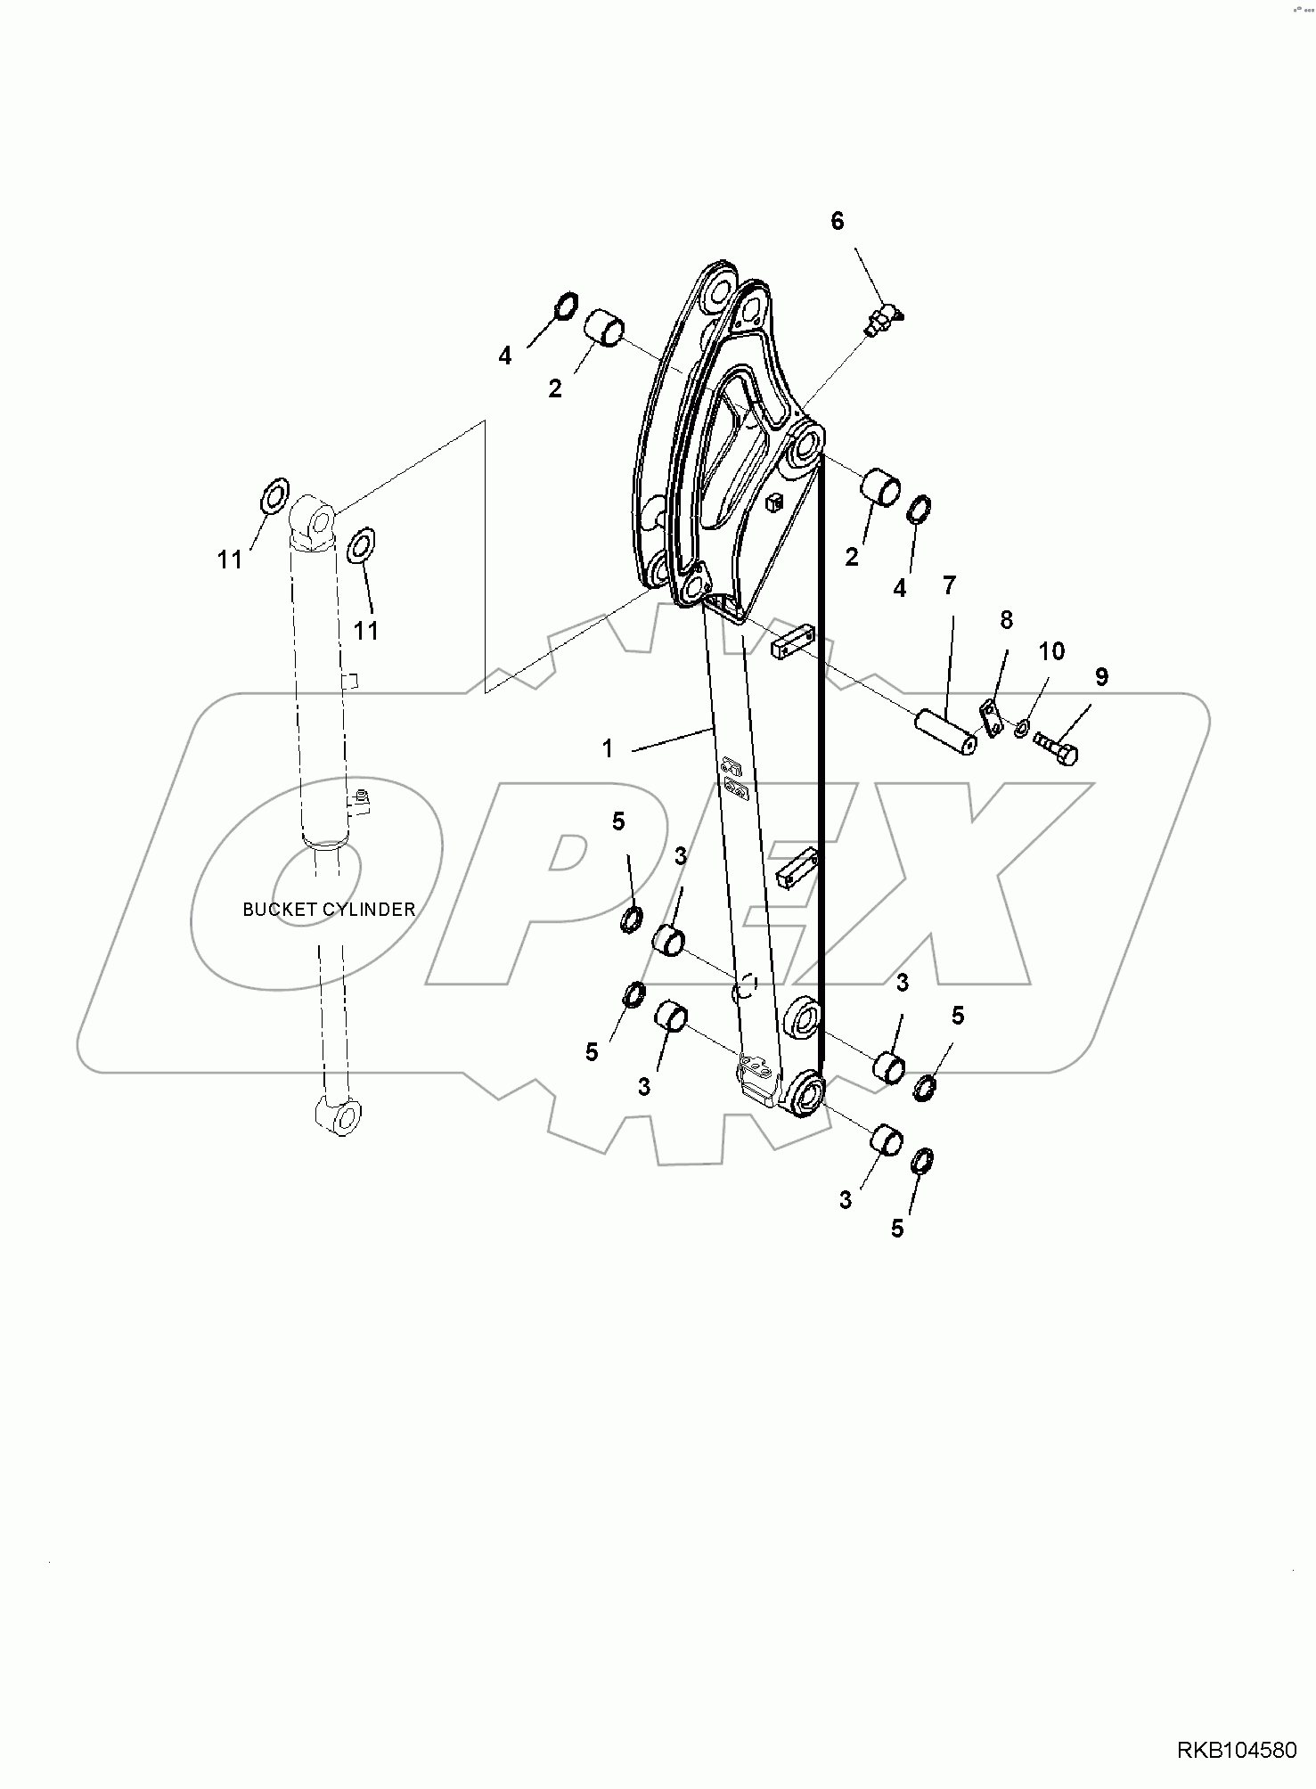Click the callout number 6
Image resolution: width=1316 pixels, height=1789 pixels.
pos(837,221)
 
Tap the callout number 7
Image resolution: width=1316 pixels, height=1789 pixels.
pos(949,585)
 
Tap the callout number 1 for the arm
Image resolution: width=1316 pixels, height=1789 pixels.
pos(608,748)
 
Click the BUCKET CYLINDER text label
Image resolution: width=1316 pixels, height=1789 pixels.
pos(329,910)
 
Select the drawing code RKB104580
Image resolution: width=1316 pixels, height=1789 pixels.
pos(1238,1751)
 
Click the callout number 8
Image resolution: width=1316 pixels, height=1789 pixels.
pos(1005,619)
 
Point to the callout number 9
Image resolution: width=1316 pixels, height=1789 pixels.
pos(1101,677)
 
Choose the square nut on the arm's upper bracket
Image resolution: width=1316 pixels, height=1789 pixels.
pos(772,502)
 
